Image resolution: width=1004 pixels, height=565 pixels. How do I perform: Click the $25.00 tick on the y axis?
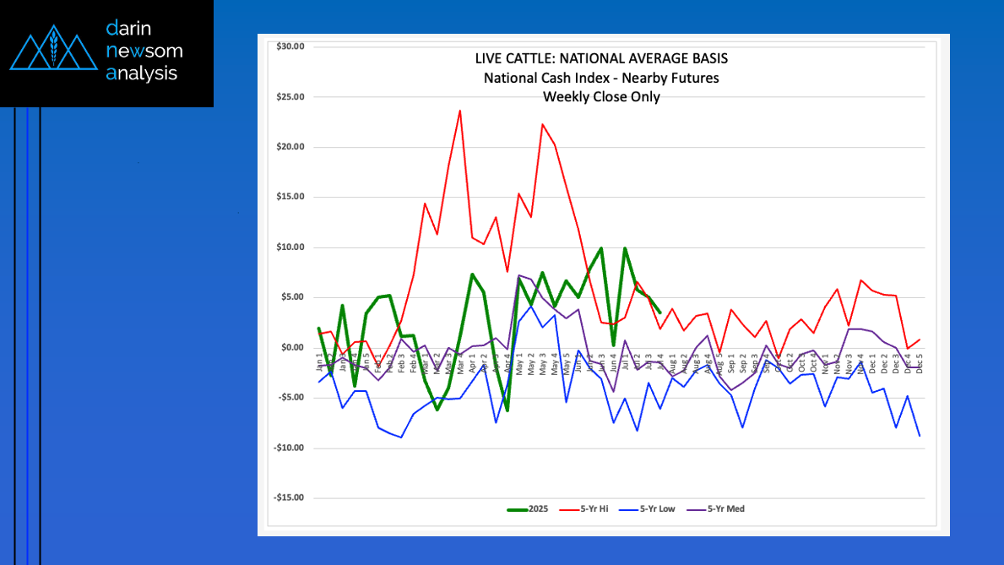click(290, 96)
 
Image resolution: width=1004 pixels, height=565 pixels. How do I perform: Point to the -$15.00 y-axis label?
click(290, 497)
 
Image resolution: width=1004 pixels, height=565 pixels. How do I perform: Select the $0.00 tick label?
click(292, 347)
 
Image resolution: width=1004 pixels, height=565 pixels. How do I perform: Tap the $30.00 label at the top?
click(290, 46)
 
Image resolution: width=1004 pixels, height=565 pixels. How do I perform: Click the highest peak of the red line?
click(459, 111)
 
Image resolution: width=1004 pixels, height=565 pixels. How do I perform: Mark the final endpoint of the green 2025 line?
click(659, 312)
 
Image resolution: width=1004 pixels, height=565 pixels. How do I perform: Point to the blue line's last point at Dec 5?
click(919, 436)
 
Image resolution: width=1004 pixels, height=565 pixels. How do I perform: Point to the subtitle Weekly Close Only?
click(601, 96)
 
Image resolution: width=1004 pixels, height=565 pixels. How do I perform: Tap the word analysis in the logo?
click(142, 73)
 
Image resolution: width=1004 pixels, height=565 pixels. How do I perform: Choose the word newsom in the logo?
click(144, 51)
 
